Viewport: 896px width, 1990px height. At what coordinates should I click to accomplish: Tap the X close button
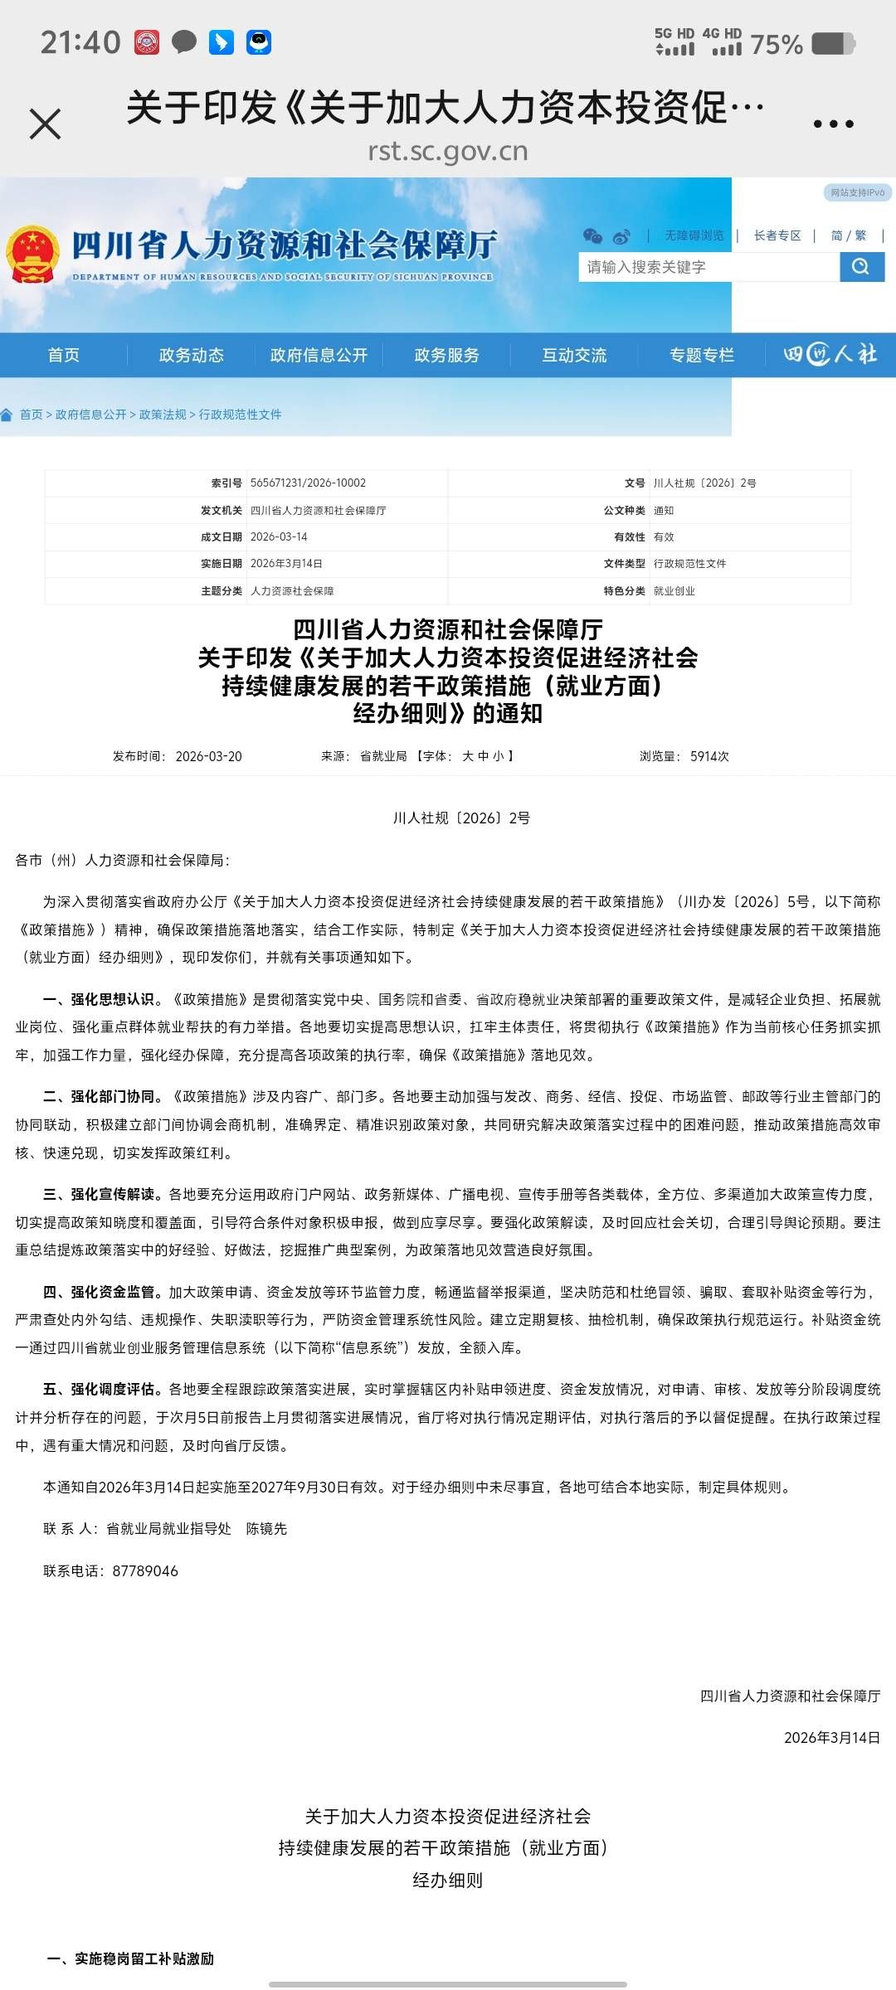pos(46,124)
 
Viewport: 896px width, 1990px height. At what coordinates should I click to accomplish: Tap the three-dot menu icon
pos(833,124)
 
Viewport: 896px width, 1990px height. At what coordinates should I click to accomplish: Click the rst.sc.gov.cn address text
pos(448,152)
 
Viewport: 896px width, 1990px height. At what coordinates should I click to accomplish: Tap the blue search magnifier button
pos(861,267)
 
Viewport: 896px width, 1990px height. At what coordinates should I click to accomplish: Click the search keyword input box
pos(708,267)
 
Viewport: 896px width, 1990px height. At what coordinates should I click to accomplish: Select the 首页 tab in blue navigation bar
pos(64,355)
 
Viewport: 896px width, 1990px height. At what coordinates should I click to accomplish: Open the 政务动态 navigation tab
pos(192,355)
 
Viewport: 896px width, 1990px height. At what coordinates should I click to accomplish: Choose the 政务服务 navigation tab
pos(447,355)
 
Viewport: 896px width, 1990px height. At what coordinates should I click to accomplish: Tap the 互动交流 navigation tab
pos(574,355)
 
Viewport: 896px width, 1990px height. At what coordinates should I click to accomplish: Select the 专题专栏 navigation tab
pos(702,355)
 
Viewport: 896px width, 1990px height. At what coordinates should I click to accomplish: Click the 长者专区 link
pos(777,235)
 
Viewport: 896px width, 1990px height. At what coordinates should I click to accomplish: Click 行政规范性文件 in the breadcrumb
pos(241,415)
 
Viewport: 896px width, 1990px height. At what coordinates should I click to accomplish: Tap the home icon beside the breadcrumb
pos(7,415)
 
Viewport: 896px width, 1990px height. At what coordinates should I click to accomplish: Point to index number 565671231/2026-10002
pos(308,483)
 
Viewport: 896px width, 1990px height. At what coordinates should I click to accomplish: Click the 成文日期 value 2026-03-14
pos(279,536)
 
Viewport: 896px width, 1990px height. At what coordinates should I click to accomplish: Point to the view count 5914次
pos(709,756)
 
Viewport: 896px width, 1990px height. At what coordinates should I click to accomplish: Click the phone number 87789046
pos(145,1571)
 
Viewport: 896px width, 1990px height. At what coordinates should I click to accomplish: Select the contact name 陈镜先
pos(266,1529)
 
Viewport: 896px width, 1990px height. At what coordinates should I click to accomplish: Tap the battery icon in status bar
pos(833,43)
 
